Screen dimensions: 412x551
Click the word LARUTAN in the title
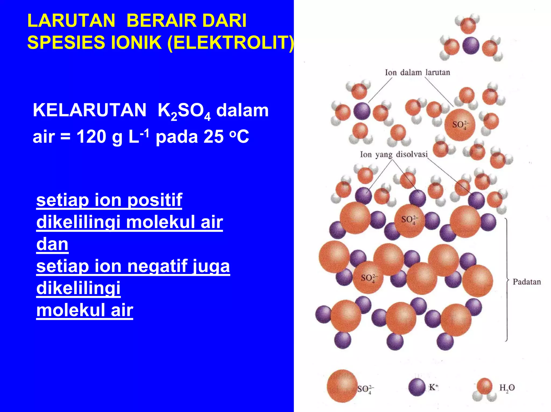click(71, 21)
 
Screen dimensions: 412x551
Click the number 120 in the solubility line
click(91, 137)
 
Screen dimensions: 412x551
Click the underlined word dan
click(52, 244)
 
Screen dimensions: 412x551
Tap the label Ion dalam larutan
click(417, 73)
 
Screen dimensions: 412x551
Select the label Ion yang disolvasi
click(394, 154)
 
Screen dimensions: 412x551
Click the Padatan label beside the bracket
click(527, 282)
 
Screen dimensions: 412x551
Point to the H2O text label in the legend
click(507, 388)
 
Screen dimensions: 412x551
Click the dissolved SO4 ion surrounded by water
click(460, 125)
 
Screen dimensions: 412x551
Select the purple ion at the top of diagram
click(471, 46)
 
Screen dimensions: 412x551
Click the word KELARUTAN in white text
click(89, 110)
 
